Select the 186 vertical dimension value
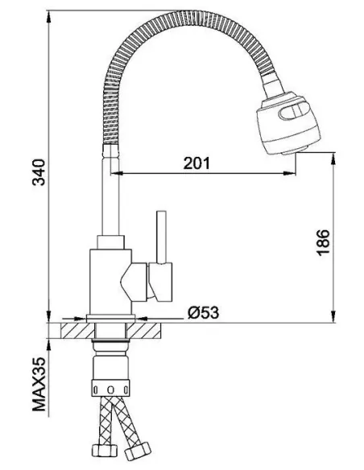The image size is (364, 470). [x=323, y=241]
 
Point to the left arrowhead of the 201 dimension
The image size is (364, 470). [x=125, y=172]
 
